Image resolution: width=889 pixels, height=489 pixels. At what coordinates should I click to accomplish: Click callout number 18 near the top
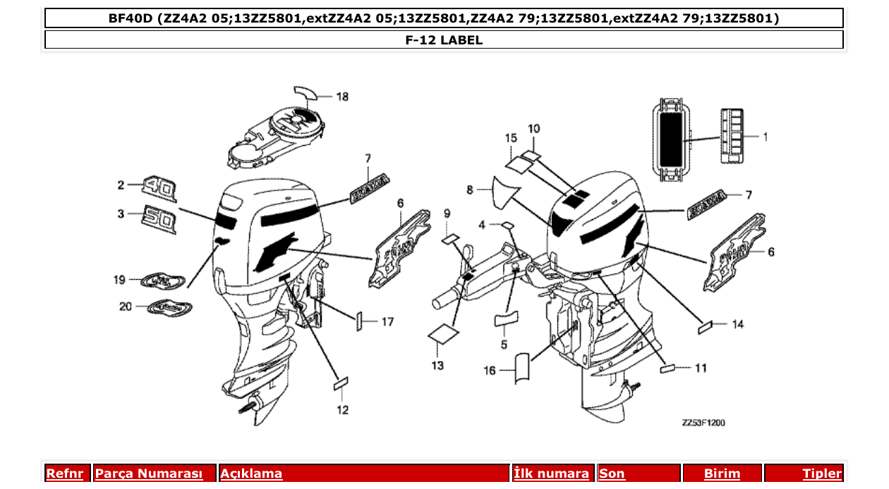tap(342, 97)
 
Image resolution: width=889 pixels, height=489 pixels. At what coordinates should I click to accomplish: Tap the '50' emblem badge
tap(158, 218)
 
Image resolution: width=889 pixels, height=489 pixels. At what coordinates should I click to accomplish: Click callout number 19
tap(119, 280)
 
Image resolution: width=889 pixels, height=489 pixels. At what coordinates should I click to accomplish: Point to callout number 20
tap(124, 306)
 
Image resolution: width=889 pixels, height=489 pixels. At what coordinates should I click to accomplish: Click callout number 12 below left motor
tap(342, 409)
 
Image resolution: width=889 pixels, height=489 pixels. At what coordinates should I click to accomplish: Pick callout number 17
tap(387, 322)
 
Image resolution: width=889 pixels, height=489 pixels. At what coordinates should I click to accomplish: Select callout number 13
tap(437, 365)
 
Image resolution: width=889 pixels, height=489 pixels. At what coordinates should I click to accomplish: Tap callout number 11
tap(700, 368)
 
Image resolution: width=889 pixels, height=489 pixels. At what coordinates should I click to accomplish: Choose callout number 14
tap(737, 324)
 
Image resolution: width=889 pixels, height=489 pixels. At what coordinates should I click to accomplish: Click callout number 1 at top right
tap(765, 137)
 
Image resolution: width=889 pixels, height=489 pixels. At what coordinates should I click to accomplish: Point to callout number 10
tap(534, 129)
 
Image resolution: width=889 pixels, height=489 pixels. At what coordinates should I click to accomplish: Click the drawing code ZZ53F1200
tap(703, 423)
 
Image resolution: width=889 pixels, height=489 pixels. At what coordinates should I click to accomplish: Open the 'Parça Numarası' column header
tap(149, 473)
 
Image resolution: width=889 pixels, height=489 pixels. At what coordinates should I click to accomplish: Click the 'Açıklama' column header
tap(252, 473)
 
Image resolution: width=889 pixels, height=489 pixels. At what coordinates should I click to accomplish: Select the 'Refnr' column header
tap(64, 473)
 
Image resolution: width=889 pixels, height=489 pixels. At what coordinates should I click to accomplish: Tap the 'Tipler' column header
tap(821, 473)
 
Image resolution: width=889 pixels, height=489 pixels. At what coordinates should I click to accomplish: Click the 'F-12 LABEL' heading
tap(444, 40)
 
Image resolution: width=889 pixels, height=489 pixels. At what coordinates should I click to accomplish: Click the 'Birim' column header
tap(722, 473)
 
